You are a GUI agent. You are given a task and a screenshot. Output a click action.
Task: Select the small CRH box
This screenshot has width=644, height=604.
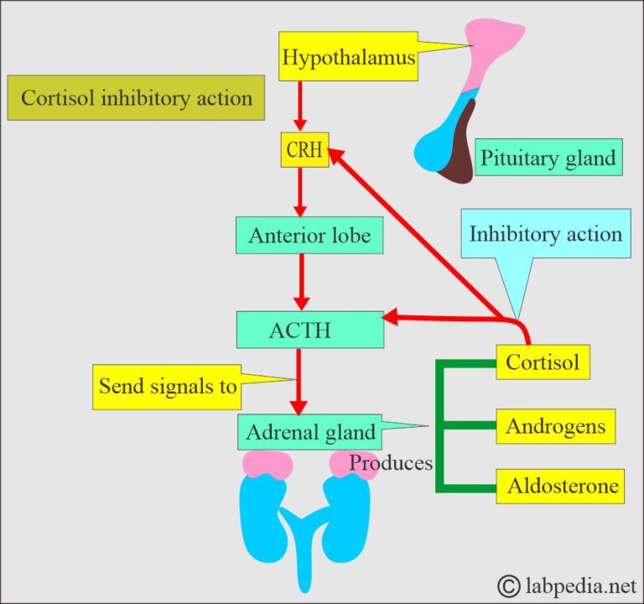point(304,150)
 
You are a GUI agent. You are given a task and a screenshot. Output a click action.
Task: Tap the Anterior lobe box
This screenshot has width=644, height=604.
point(309,236)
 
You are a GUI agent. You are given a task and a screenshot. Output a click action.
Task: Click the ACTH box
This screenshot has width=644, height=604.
point(309,330)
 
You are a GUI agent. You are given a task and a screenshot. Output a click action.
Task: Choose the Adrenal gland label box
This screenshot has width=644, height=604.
point(309,432)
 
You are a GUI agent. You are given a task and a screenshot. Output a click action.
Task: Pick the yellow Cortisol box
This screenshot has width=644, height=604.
point(543,362)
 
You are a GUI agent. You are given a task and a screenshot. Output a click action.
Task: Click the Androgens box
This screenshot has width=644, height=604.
point(555,426)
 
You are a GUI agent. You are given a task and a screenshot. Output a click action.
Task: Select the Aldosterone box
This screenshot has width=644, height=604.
point(560,486)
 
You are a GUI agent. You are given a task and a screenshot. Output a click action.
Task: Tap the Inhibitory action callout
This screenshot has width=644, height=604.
point(545,233)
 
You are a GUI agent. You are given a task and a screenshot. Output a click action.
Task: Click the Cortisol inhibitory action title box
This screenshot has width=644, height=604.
point(136,98)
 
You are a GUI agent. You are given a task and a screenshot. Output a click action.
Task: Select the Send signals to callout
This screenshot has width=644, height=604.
point(167,386)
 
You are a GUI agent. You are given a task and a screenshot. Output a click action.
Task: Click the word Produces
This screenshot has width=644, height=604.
point(391,462)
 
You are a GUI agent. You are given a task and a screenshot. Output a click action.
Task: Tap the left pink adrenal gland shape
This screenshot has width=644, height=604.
point(267,463)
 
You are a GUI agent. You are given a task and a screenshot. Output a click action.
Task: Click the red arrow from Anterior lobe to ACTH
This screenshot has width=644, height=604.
point(300,281)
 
